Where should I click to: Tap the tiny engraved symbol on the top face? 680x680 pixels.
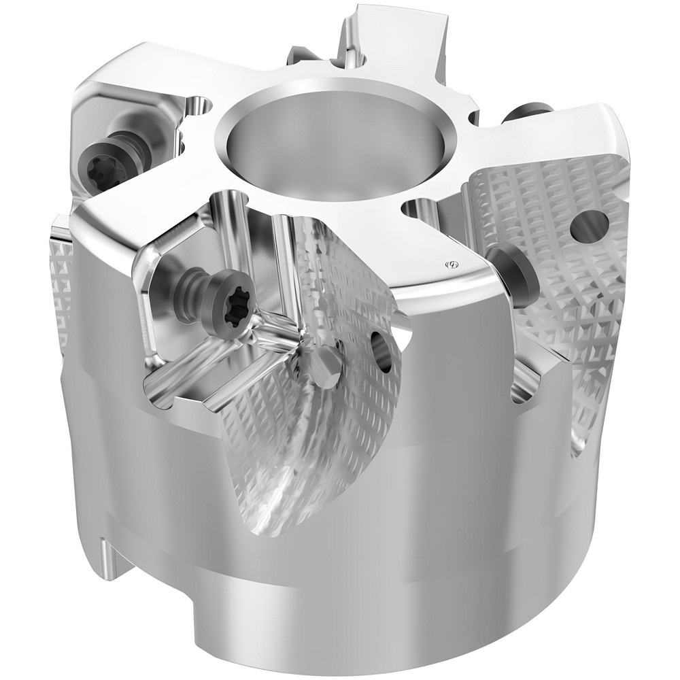pos(449,263)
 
